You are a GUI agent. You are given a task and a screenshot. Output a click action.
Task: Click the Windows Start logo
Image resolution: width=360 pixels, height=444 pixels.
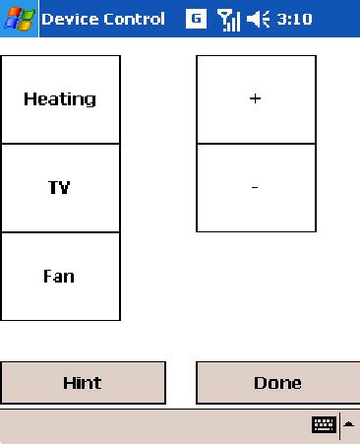click(19, 19)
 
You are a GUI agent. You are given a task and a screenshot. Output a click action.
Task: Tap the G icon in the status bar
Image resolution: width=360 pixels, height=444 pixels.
click(196, 19)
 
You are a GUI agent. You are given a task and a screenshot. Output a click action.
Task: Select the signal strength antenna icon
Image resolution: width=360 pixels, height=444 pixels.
click(228, 19)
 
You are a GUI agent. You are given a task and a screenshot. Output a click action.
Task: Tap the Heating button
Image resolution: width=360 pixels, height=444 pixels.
click(60, 99)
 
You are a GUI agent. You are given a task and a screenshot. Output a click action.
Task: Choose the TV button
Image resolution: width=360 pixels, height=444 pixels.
click(60, 188)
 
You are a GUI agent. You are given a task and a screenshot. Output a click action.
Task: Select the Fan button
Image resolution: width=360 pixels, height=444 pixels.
click(60, 277)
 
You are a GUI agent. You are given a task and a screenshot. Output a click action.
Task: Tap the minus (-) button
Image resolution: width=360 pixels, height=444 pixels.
click(256, 188)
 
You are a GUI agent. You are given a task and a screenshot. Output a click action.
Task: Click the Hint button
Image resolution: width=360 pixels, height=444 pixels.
click(83, 383)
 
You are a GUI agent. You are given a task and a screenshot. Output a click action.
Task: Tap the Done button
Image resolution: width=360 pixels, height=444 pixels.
click(277, 383)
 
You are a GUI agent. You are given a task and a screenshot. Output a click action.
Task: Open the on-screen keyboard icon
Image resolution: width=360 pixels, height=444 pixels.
click(324, 424)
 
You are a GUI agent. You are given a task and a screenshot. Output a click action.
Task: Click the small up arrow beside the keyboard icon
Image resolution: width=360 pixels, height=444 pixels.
click(349, 424)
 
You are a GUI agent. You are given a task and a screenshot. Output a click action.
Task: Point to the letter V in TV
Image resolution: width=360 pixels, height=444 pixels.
click(66, 188)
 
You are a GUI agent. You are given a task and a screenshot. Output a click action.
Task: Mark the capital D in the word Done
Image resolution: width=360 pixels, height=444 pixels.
click(261, 383)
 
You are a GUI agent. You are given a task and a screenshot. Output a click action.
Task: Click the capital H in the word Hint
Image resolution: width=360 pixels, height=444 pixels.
click(68, 383)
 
